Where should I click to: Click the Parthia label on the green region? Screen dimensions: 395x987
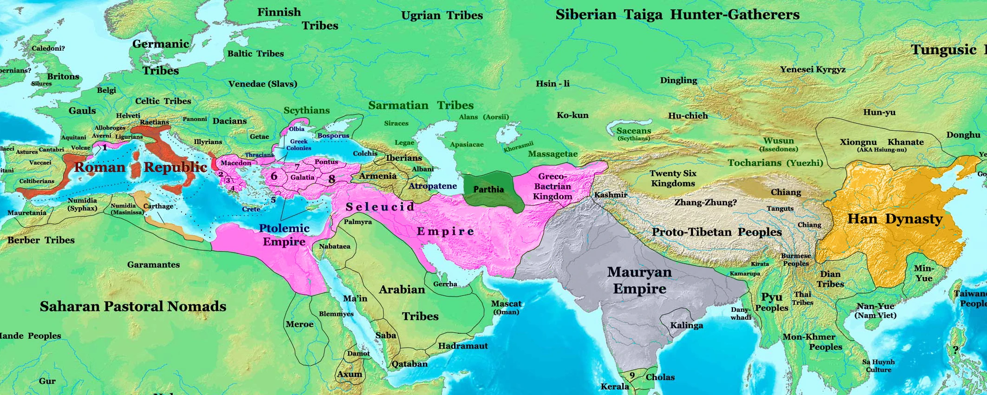[488, 189]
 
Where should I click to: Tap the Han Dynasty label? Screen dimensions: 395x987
[895, 219]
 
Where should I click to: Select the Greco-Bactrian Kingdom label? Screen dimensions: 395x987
[552, 186]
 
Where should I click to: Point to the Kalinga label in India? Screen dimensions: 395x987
[686, 325]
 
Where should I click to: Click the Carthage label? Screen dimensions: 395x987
[158, 206]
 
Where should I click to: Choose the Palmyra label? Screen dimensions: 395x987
[357, 222]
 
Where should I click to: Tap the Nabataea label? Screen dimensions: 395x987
[334, 246]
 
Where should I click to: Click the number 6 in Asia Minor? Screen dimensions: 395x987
[274, 176]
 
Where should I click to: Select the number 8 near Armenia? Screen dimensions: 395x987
[331, 179]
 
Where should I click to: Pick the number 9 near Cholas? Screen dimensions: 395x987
[632, 375]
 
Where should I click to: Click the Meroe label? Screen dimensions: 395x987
[299, 324]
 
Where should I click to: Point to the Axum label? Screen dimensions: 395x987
[349, 374]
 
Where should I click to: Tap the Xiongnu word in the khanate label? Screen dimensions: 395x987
[858, 142]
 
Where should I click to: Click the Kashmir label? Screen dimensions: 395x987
[610, 195]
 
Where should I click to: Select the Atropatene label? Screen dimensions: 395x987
[432, 186]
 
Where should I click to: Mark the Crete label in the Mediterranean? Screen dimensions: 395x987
[251, 209]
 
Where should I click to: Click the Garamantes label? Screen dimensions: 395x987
[153, 264]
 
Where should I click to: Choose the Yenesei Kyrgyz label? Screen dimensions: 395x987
[812, 69]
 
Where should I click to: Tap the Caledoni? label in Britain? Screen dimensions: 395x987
[48, 48]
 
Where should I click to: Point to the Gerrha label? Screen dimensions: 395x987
[445, 284]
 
